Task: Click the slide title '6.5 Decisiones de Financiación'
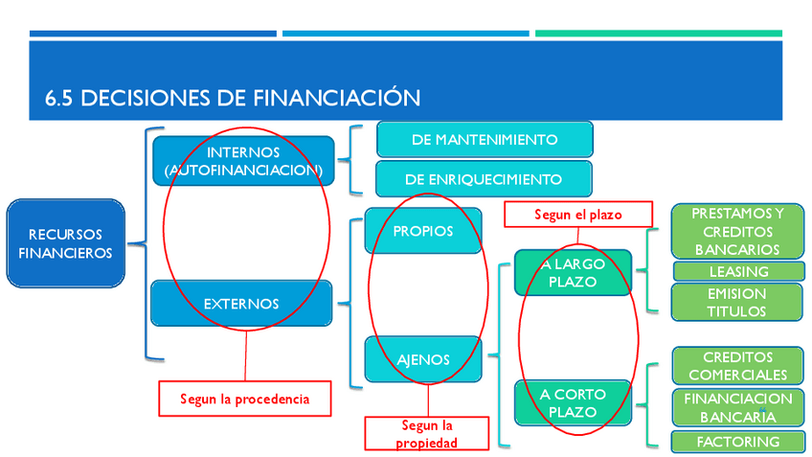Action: pyautogui.click(x=233, y=98)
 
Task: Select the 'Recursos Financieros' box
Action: pyautogui.click(x=65, y=243)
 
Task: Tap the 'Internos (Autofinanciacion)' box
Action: pyautogui.click(x=243, y=161)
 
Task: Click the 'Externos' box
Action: pyautogui.click(x=241, y=304)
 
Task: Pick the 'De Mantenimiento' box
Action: pyautogui.click(x=485, y=139)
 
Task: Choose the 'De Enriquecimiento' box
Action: pyautogui.click(x=484, y=179)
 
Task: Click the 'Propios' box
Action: pyautogui.click(x=423, y=231)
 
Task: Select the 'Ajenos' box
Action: pyautogui.click(x=423, y=360)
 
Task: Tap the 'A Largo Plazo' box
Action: pyautogui.click(x=573, y=273)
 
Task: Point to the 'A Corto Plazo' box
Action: pyautogui.click(x=573, y=403)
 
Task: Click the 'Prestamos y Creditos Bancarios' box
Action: pyautogui.click(x=737, y=231)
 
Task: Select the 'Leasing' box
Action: pyautogui.click(x=738, y=271)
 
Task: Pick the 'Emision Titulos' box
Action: pyautogui.click(x=737, y=302)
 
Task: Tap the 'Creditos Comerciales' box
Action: pyautogui.click(x=737, y=366)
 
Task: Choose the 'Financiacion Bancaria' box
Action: pyautogui.click(x=737, y=407)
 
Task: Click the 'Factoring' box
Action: pyautogui.click(x=737, y=442)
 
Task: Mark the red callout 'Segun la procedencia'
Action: pyautogui.click(x=245, y=399)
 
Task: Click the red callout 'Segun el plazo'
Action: pyautogui.click(x=577, y=215)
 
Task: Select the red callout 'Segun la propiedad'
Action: pyautogui.click(x=427, y=433)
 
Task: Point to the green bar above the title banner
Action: pyautogui.click(x=658, y=34)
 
